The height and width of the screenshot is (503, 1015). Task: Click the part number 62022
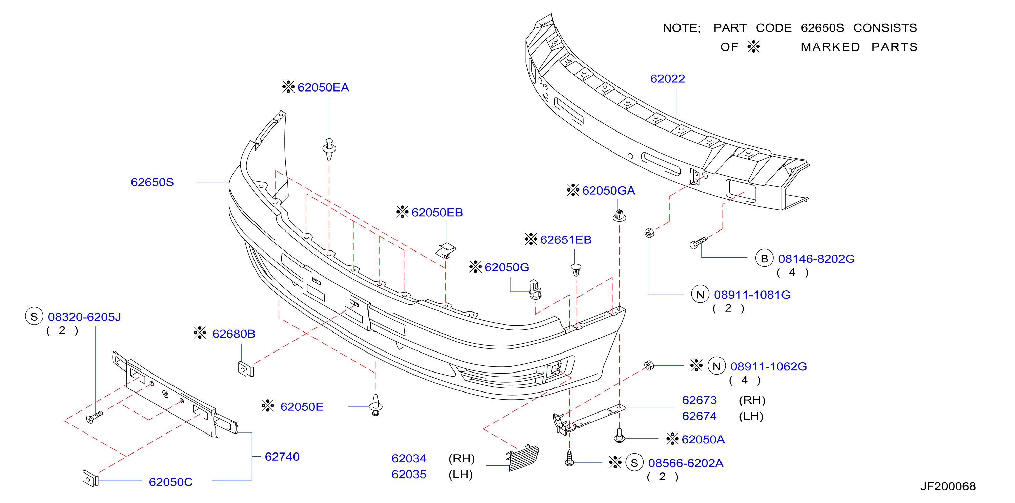point(668,79)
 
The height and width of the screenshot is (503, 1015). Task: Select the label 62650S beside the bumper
point(152,182)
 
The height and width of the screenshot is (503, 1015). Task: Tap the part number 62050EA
point(323,87)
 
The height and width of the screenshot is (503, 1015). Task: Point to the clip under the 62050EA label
point(329,149)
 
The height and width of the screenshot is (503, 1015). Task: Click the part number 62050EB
point(437,213)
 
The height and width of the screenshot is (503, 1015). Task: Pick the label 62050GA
point(608,191)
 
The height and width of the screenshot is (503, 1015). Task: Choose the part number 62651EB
point(566,240)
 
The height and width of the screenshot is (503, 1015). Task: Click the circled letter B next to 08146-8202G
point(764,259)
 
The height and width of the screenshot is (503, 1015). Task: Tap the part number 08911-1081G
point(752,295)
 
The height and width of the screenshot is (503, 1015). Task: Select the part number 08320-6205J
point(84,317)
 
